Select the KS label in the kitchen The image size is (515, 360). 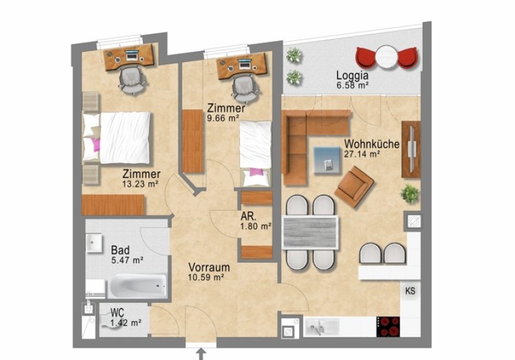[x=410, y=291]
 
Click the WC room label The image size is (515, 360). [x=117, y=312]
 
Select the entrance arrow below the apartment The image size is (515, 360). [x=201, y=354]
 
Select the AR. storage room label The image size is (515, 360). [x=248, y=216]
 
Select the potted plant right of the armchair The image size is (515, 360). [x=410, y=193]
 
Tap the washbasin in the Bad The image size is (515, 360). [x=95, y=243]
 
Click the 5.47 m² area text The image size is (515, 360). [x=127, y=260]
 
